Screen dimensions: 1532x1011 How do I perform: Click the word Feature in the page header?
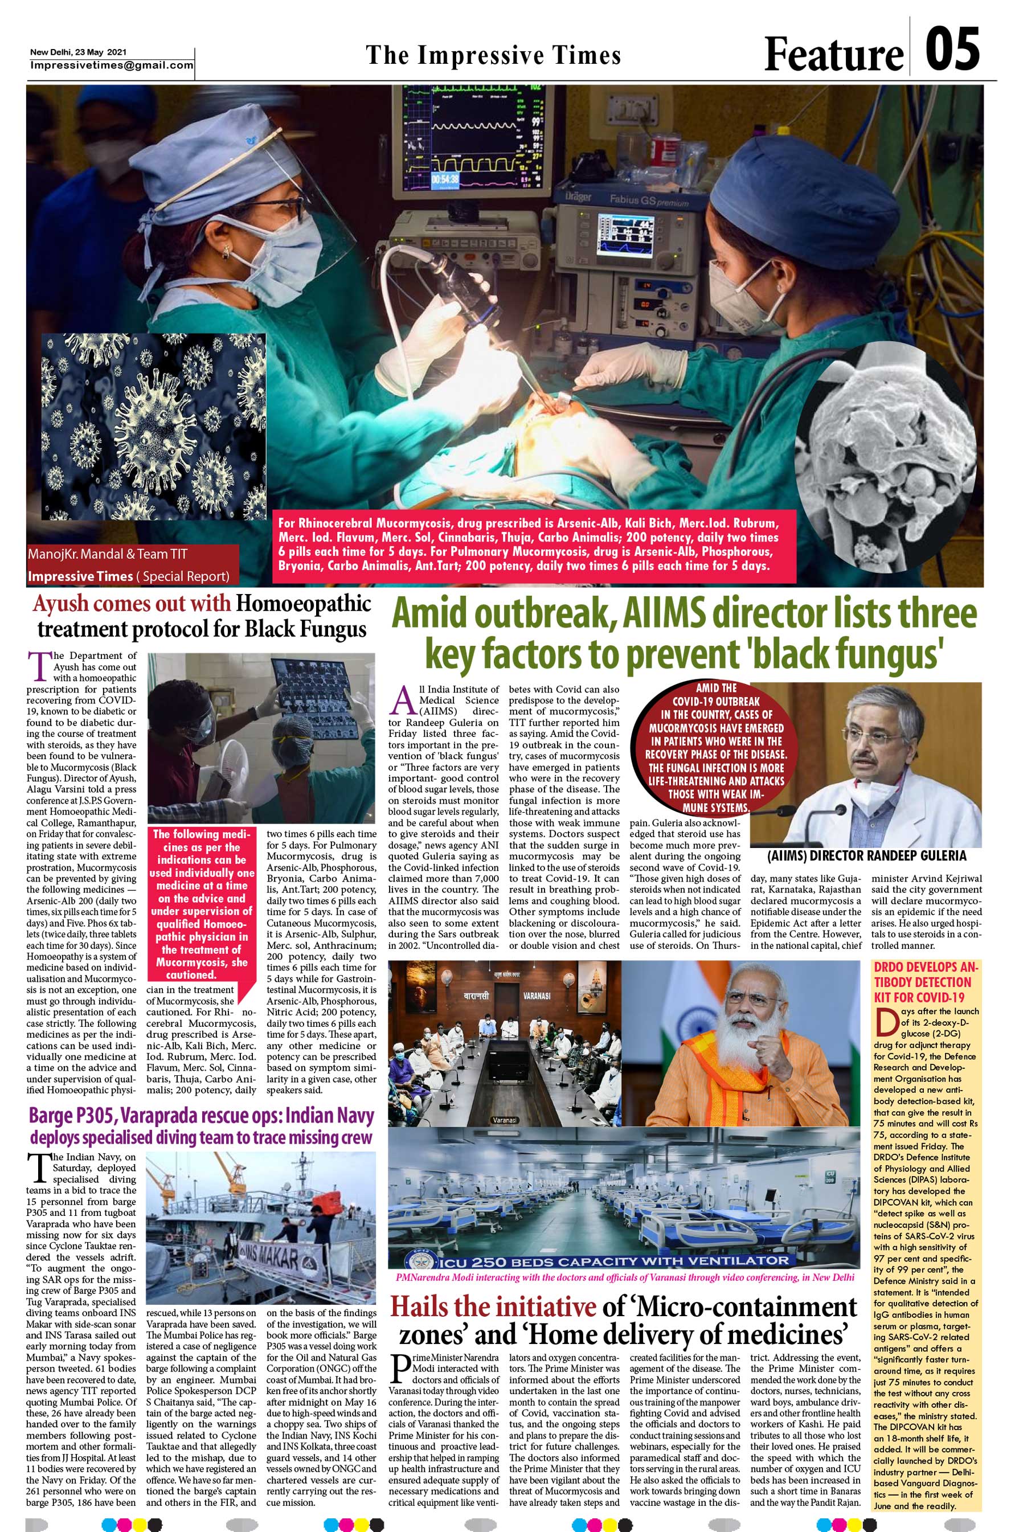click(833, 54)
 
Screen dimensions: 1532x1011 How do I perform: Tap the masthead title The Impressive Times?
click(493, 55)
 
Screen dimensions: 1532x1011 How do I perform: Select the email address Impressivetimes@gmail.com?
click(112, 65)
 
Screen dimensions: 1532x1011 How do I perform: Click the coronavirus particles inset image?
click(153, 426)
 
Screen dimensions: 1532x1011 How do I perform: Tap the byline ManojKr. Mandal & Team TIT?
click(108, 554)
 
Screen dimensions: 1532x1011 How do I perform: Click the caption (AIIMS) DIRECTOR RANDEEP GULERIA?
click(866, 856)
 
